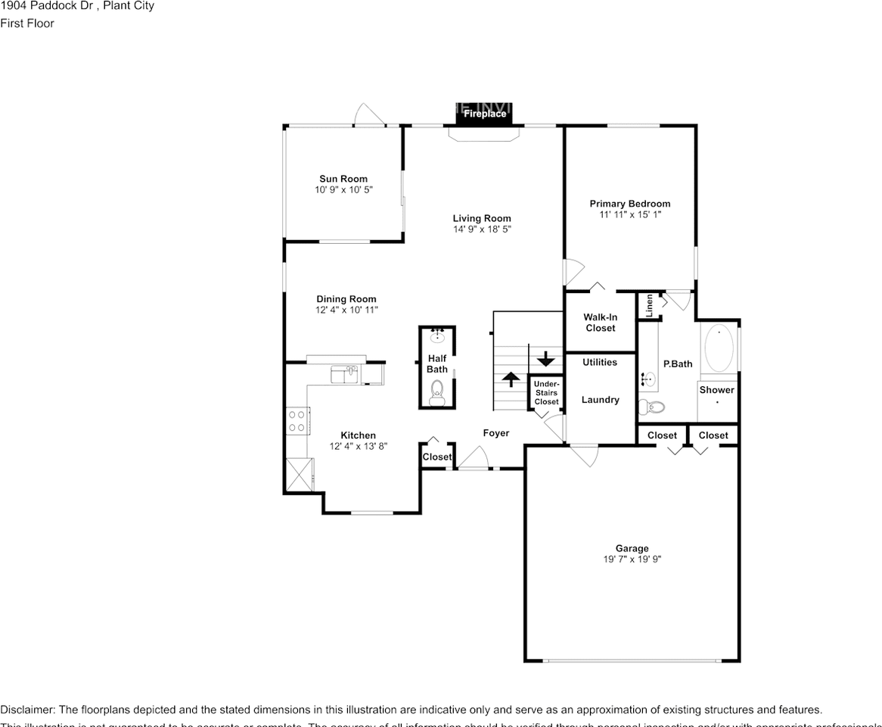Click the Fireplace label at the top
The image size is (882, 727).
pos(484,114)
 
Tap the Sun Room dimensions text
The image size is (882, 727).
pos(344,190)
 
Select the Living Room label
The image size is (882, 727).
pos(482,218)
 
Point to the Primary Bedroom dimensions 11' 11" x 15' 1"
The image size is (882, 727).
pos(629,214)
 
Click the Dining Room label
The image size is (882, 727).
pos(346,299)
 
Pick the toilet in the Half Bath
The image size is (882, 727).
pos(437,391)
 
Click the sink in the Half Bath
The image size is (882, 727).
pos(437,335)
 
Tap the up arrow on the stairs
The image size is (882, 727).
pos(511,378)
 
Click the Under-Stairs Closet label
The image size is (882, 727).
pos(546,392)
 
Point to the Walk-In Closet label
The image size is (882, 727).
pos(600,323)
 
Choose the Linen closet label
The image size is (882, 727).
pos(649,305)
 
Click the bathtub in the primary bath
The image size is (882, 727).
pos(719,348)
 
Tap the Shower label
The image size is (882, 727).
pos(716,390)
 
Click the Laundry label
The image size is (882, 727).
pos(600,400)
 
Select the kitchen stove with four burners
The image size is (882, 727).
pos(297,421)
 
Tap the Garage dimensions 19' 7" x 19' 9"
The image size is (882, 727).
pos(632,560)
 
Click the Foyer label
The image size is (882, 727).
pos(496,433)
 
